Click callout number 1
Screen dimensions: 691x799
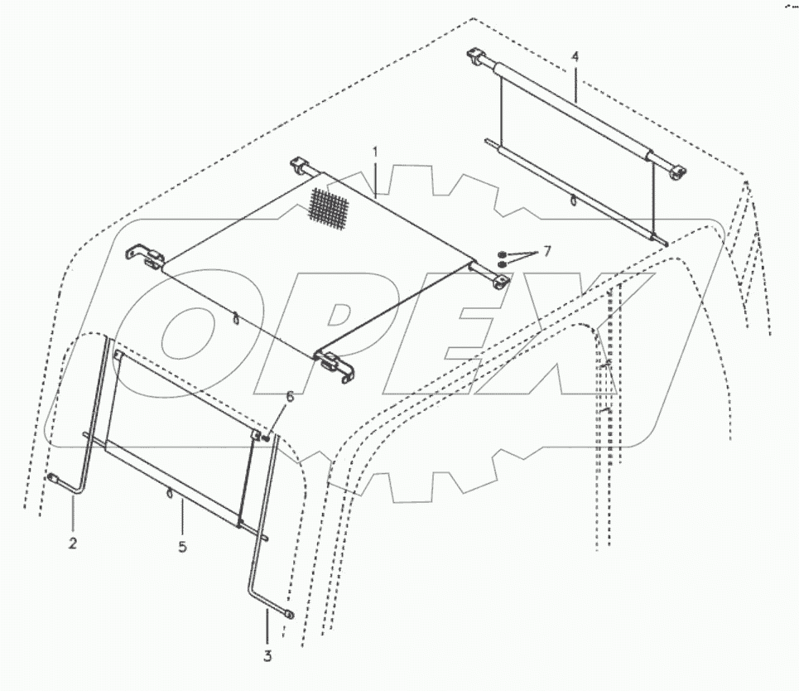click(375, 152)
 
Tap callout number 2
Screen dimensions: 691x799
click(73, 544)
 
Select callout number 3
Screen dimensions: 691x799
click(267, 657)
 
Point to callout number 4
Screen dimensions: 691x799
click(575, 56)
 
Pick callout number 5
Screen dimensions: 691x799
click(182, 547)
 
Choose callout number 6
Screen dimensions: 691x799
click(289, 398)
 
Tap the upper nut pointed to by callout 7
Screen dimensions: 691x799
click(503, 253)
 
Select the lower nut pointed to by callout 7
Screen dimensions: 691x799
click(502, 264)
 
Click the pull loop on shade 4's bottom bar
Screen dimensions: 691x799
click(573, 199)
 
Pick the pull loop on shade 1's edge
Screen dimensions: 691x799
click(235, 317)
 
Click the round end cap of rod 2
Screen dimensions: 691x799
click(52, 477)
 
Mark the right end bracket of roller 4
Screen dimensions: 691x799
click(676, 172)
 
